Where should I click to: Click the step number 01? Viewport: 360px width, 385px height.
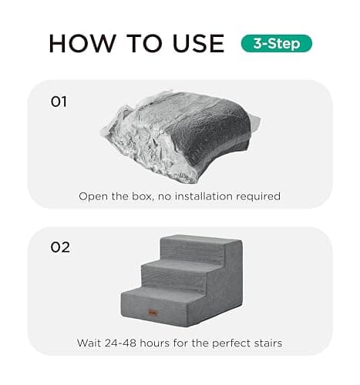pos(59,100)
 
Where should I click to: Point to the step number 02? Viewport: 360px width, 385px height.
pos(60,247)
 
